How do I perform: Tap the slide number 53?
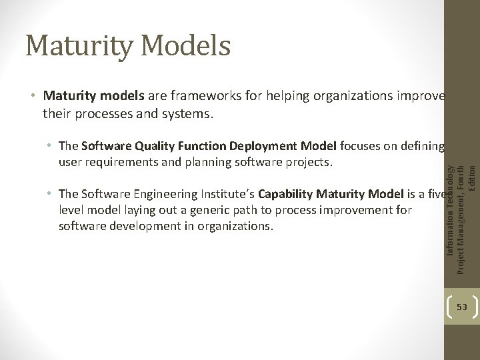point(462,306)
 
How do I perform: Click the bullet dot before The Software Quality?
point(51,146)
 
